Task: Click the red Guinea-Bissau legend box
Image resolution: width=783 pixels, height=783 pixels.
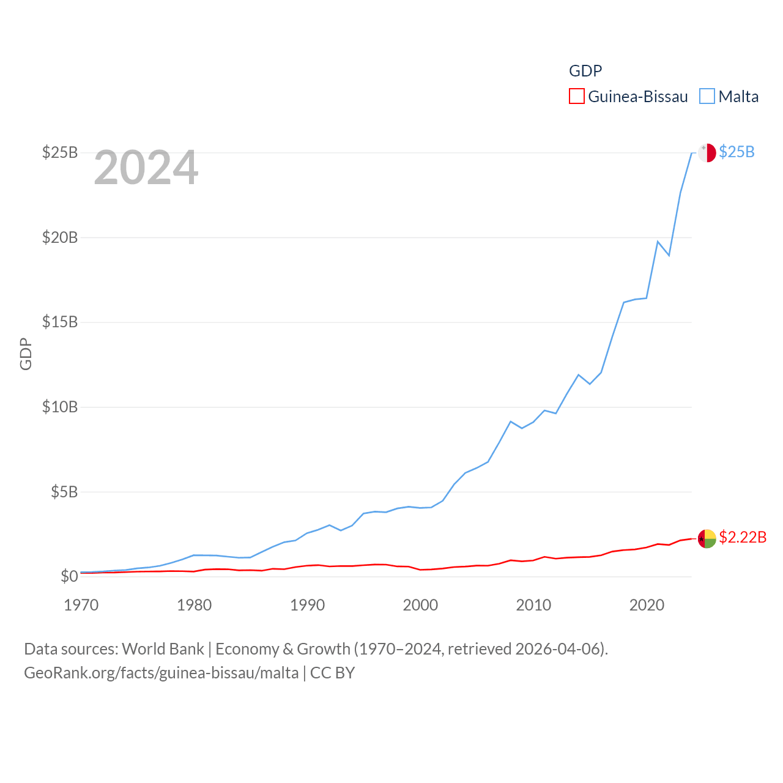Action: click(x=577, y=97)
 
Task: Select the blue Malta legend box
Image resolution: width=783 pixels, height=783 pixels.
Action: click(x=707, y=97)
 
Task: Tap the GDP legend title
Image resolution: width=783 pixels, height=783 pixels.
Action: click(x=585, y=71)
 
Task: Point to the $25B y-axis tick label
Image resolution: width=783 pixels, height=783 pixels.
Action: click(x=60, y=152)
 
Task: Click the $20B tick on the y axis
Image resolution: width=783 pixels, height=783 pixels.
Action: click(x=60, y=237)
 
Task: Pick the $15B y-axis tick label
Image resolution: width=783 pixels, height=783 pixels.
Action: click(x=60, y=322)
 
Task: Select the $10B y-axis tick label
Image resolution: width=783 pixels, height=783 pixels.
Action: click(x=60, y=407)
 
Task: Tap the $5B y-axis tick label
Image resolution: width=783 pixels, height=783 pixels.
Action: click(x=64, y=492)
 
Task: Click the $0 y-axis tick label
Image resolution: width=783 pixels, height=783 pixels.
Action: click(x=69, y=576)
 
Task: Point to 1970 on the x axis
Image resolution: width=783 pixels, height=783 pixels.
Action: click(x=81, y=605)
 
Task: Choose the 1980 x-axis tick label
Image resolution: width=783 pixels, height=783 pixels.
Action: click(x=194, y=605)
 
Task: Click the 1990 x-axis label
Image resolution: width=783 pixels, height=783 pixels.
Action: click(x=307, y=605)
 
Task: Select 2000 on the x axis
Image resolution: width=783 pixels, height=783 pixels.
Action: click(x=420, y=605)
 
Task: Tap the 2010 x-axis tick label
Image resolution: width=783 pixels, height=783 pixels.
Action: click(x=533, y=605)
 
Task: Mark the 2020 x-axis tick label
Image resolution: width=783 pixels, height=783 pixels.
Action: click(x=647, y=605)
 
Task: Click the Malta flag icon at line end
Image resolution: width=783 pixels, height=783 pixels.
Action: click(x=707, y=152)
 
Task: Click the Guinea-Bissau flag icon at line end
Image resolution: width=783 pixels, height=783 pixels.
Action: click(x=707, y=539)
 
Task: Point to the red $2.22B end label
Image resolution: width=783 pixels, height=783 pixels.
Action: click(x=743, y=537)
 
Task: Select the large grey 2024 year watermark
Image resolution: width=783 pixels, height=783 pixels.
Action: click(x=146, y=167)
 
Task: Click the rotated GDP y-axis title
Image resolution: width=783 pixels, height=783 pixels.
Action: click(x=26, y=354)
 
